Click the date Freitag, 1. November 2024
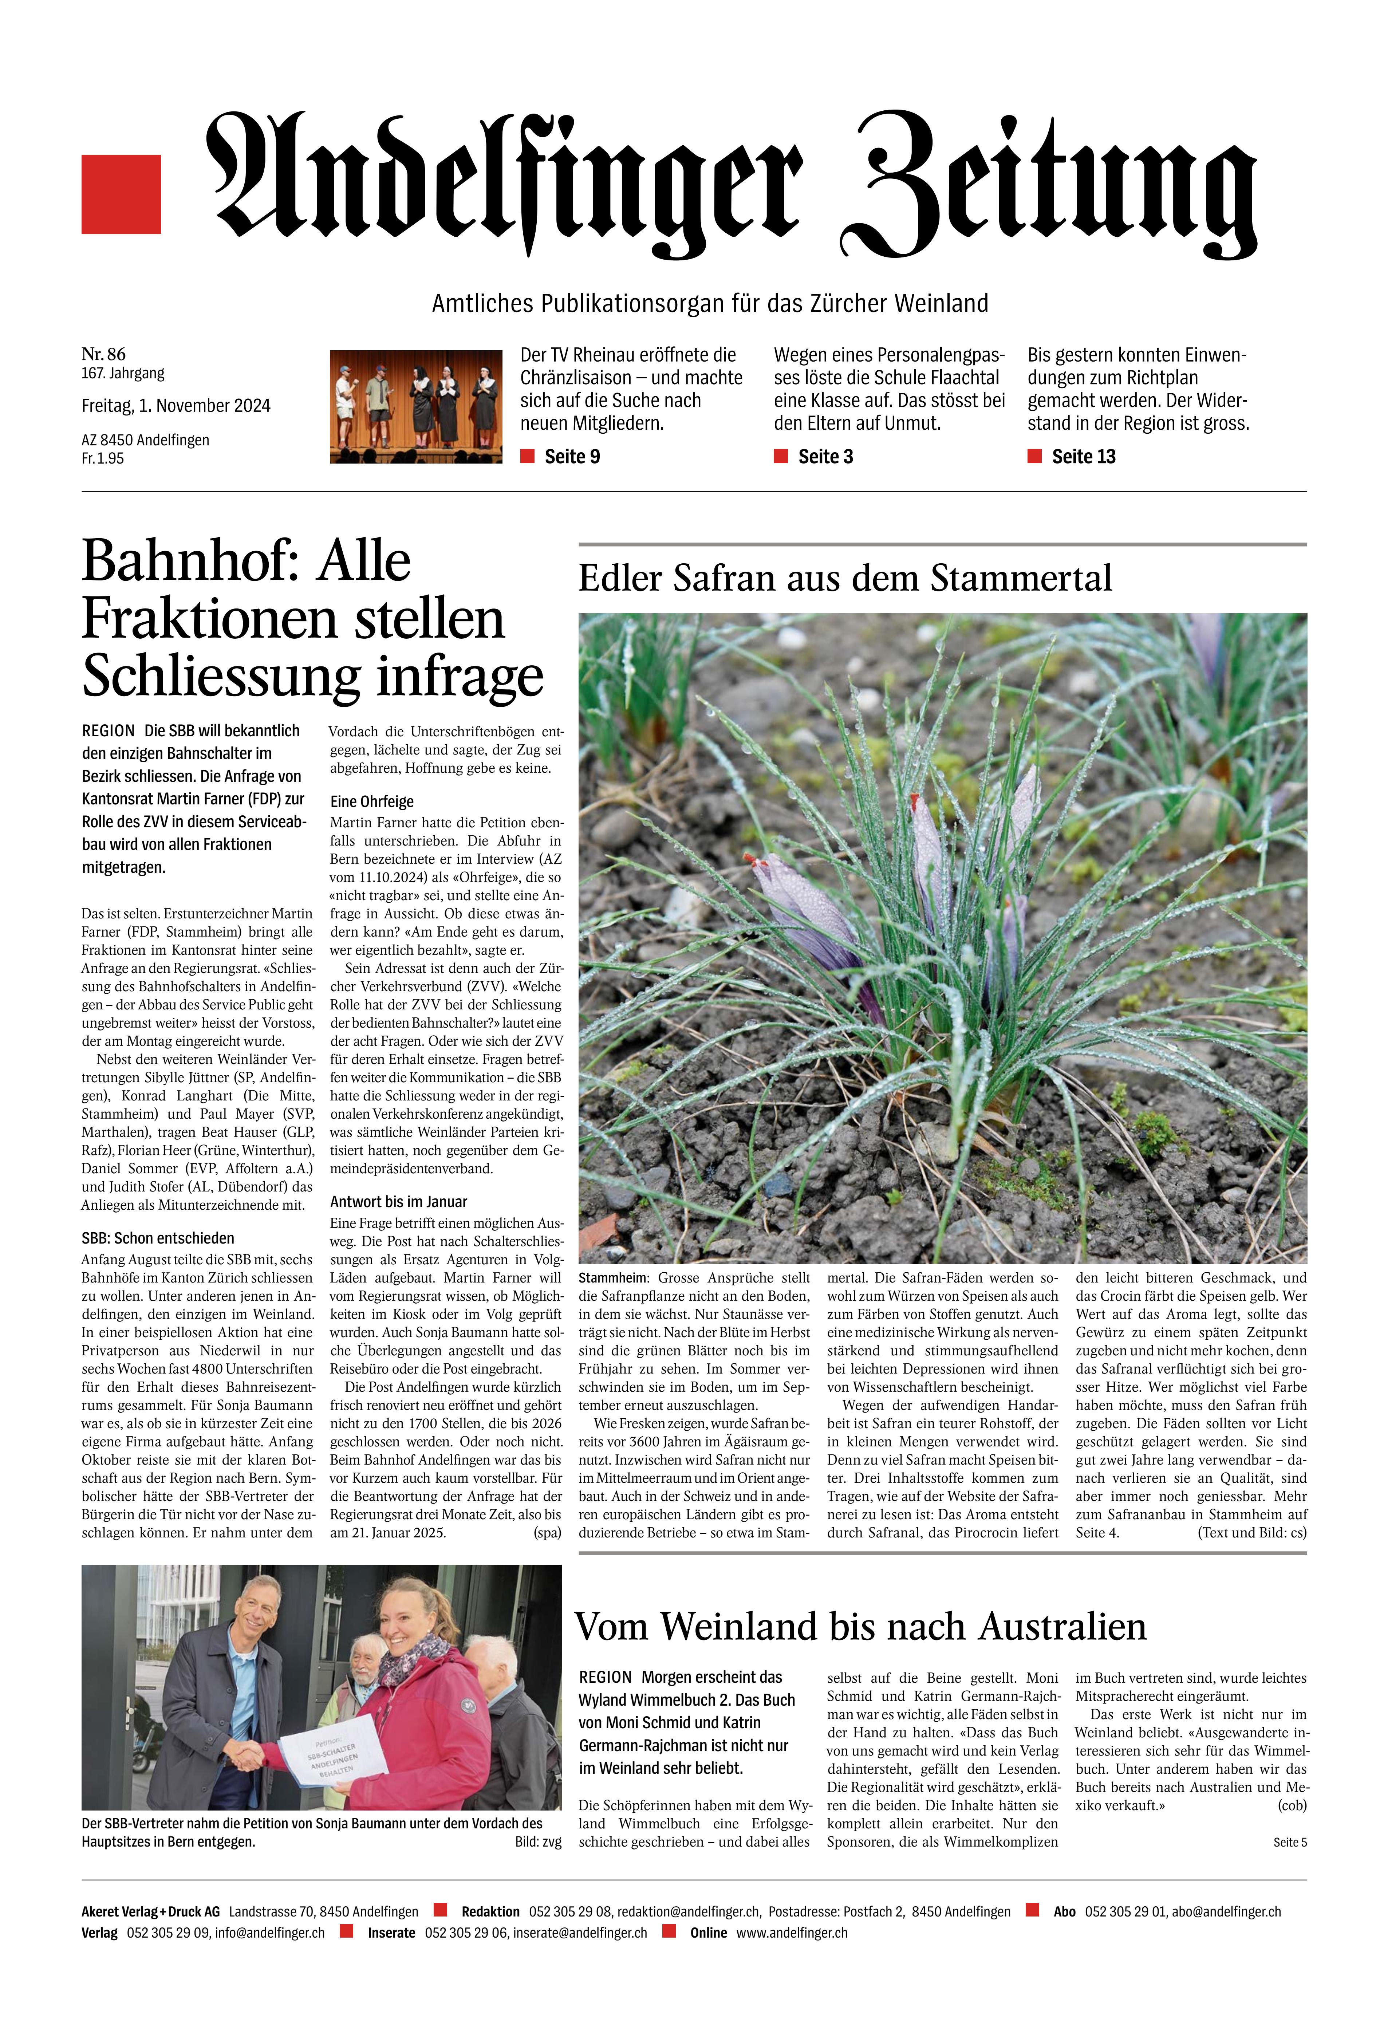176,405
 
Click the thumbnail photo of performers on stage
416,406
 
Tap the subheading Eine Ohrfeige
371,801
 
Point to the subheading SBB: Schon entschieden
157,1237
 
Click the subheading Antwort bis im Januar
398,1201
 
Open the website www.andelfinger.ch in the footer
792,1932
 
